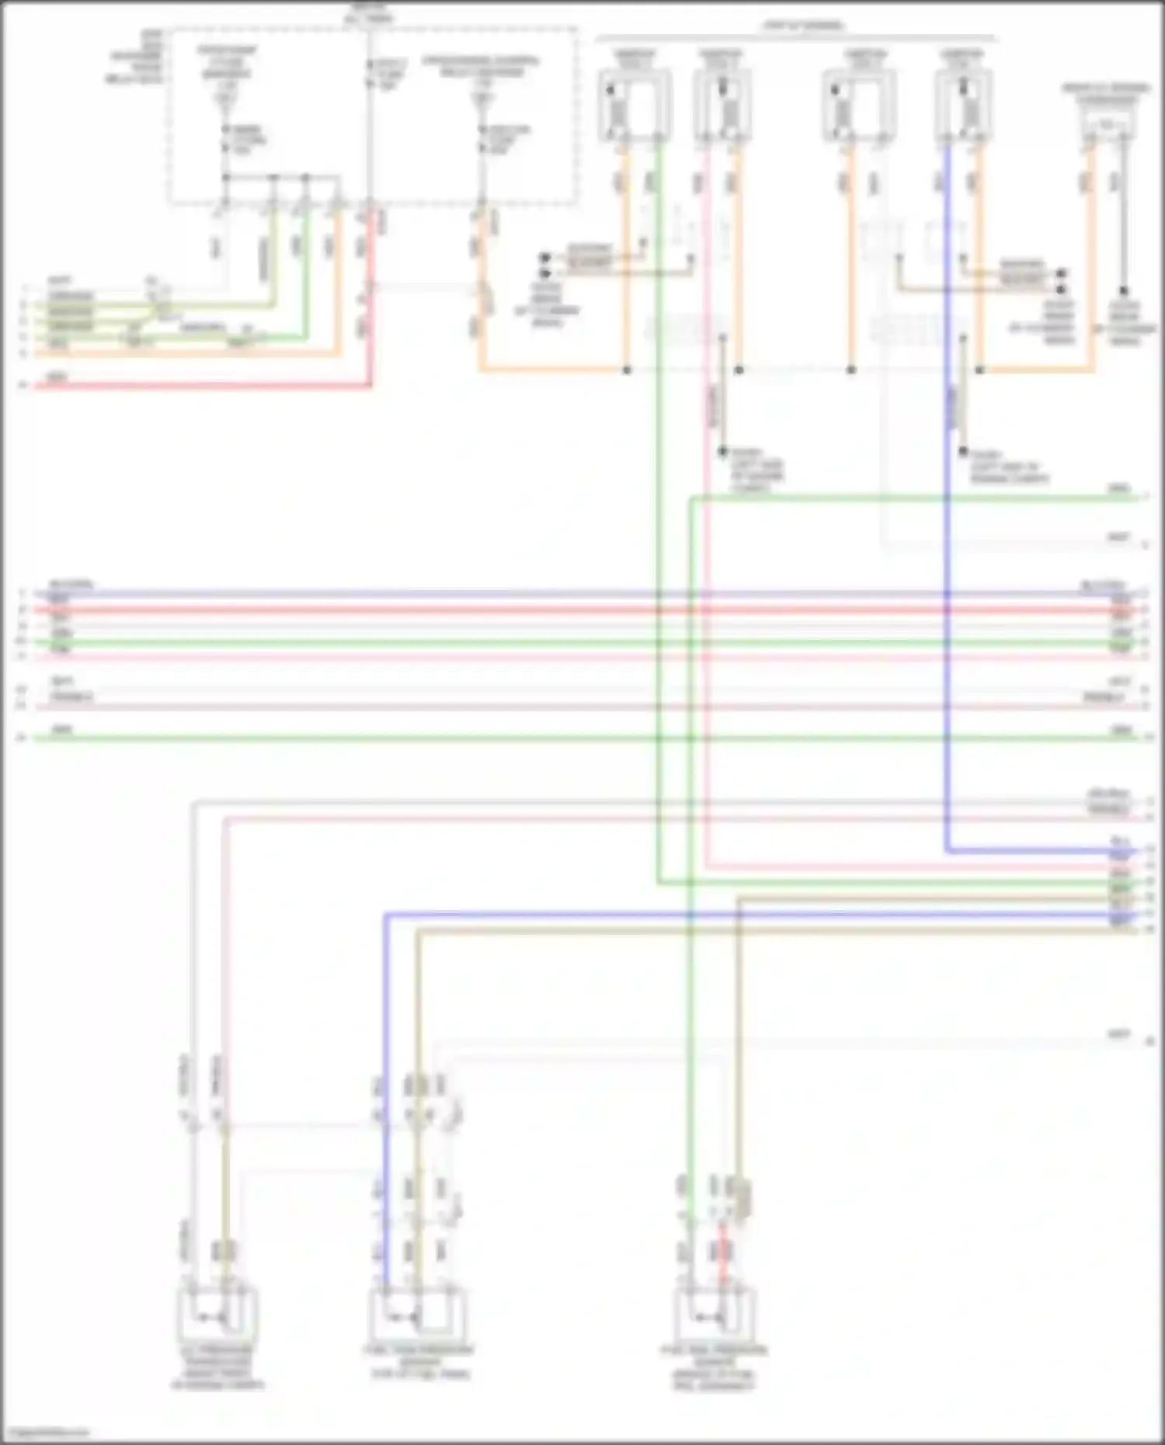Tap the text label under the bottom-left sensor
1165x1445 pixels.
tap(217, 1367)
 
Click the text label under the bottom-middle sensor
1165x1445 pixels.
tap(419, 1362)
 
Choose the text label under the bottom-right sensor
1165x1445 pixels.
tap(714, 1367)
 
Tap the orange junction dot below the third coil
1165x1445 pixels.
tap(851, 370)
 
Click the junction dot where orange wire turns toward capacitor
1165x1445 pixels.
tap(979, 370)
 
